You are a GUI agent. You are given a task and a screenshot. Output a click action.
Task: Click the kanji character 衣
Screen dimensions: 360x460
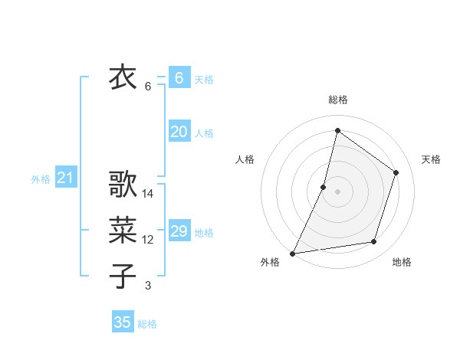point(123,77)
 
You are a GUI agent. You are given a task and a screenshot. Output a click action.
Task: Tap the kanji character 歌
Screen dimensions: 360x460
point(123,185)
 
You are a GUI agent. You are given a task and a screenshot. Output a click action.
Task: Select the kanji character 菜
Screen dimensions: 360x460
point(123,229)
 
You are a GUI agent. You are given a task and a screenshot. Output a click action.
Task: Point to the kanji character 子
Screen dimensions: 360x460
point(123,275)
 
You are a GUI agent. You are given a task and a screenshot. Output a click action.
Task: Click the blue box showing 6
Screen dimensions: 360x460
point(179,77)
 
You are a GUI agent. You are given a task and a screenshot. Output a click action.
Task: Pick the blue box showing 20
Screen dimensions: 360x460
point(179,132)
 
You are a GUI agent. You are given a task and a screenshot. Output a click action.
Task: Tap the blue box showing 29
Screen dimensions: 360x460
point(179,231)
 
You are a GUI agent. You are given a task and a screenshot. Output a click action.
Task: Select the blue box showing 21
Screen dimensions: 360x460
point(66,178)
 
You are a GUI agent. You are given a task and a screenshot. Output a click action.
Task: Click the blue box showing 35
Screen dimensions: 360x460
point(123,322)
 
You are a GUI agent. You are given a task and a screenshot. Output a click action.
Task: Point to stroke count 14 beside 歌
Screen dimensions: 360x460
point(148,195)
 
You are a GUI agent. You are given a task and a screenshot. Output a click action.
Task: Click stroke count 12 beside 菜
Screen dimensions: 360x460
point(148,240)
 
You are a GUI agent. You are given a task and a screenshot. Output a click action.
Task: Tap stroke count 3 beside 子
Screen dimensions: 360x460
point(148,286)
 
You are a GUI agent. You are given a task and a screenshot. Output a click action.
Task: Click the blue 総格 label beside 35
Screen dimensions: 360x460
point(148,324)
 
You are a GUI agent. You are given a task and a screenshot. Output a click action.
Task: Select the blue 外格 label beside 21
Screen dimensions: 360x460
point(41,179)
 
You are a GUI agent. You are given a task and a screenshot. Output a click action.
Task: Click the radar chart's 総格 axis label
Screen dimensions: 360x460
point(338,100)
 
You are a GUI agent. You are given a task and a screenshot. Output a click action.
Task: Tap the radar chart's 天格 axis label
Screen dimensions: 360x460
point(432,159)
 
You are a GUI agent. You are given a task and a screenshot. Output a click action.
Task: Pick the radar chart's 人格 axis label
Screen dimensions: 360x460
point(245,159)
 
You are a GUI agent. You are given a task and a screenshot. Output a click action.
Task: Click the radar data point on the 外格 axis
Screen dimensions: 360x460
point(292,253)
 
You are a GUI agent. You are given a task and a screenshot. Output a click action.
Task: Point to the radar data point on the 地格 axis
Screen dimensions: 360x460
point(374,242)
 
